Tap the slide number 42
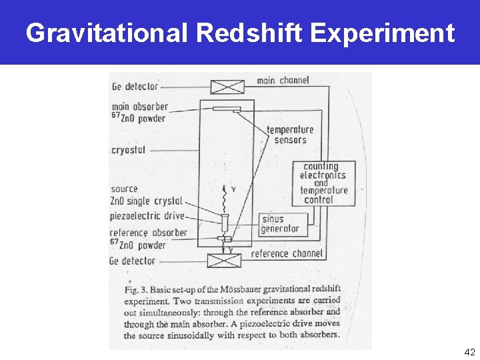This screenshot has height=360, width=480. click(x=469, y=351)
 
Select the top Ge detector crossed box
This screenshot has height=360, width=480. click(x=226, y=87)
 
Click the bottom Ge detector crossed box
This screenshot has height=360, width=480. click(x=224, y=260)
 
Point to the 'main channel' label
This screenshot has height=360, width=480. click(x=283, y=81)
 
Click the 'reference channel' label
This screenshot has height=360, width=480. click(x=287, y=253)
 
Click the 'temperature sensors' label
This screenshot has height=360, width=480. click(x=290, y=135)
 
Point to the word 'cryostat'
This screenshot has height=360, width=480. click(x=128, y=150)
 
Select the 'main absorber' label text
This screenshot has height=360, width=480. click(x=139, y=107)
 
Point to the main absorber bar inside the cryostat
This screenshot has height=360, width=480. click(x=226, y=109)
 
